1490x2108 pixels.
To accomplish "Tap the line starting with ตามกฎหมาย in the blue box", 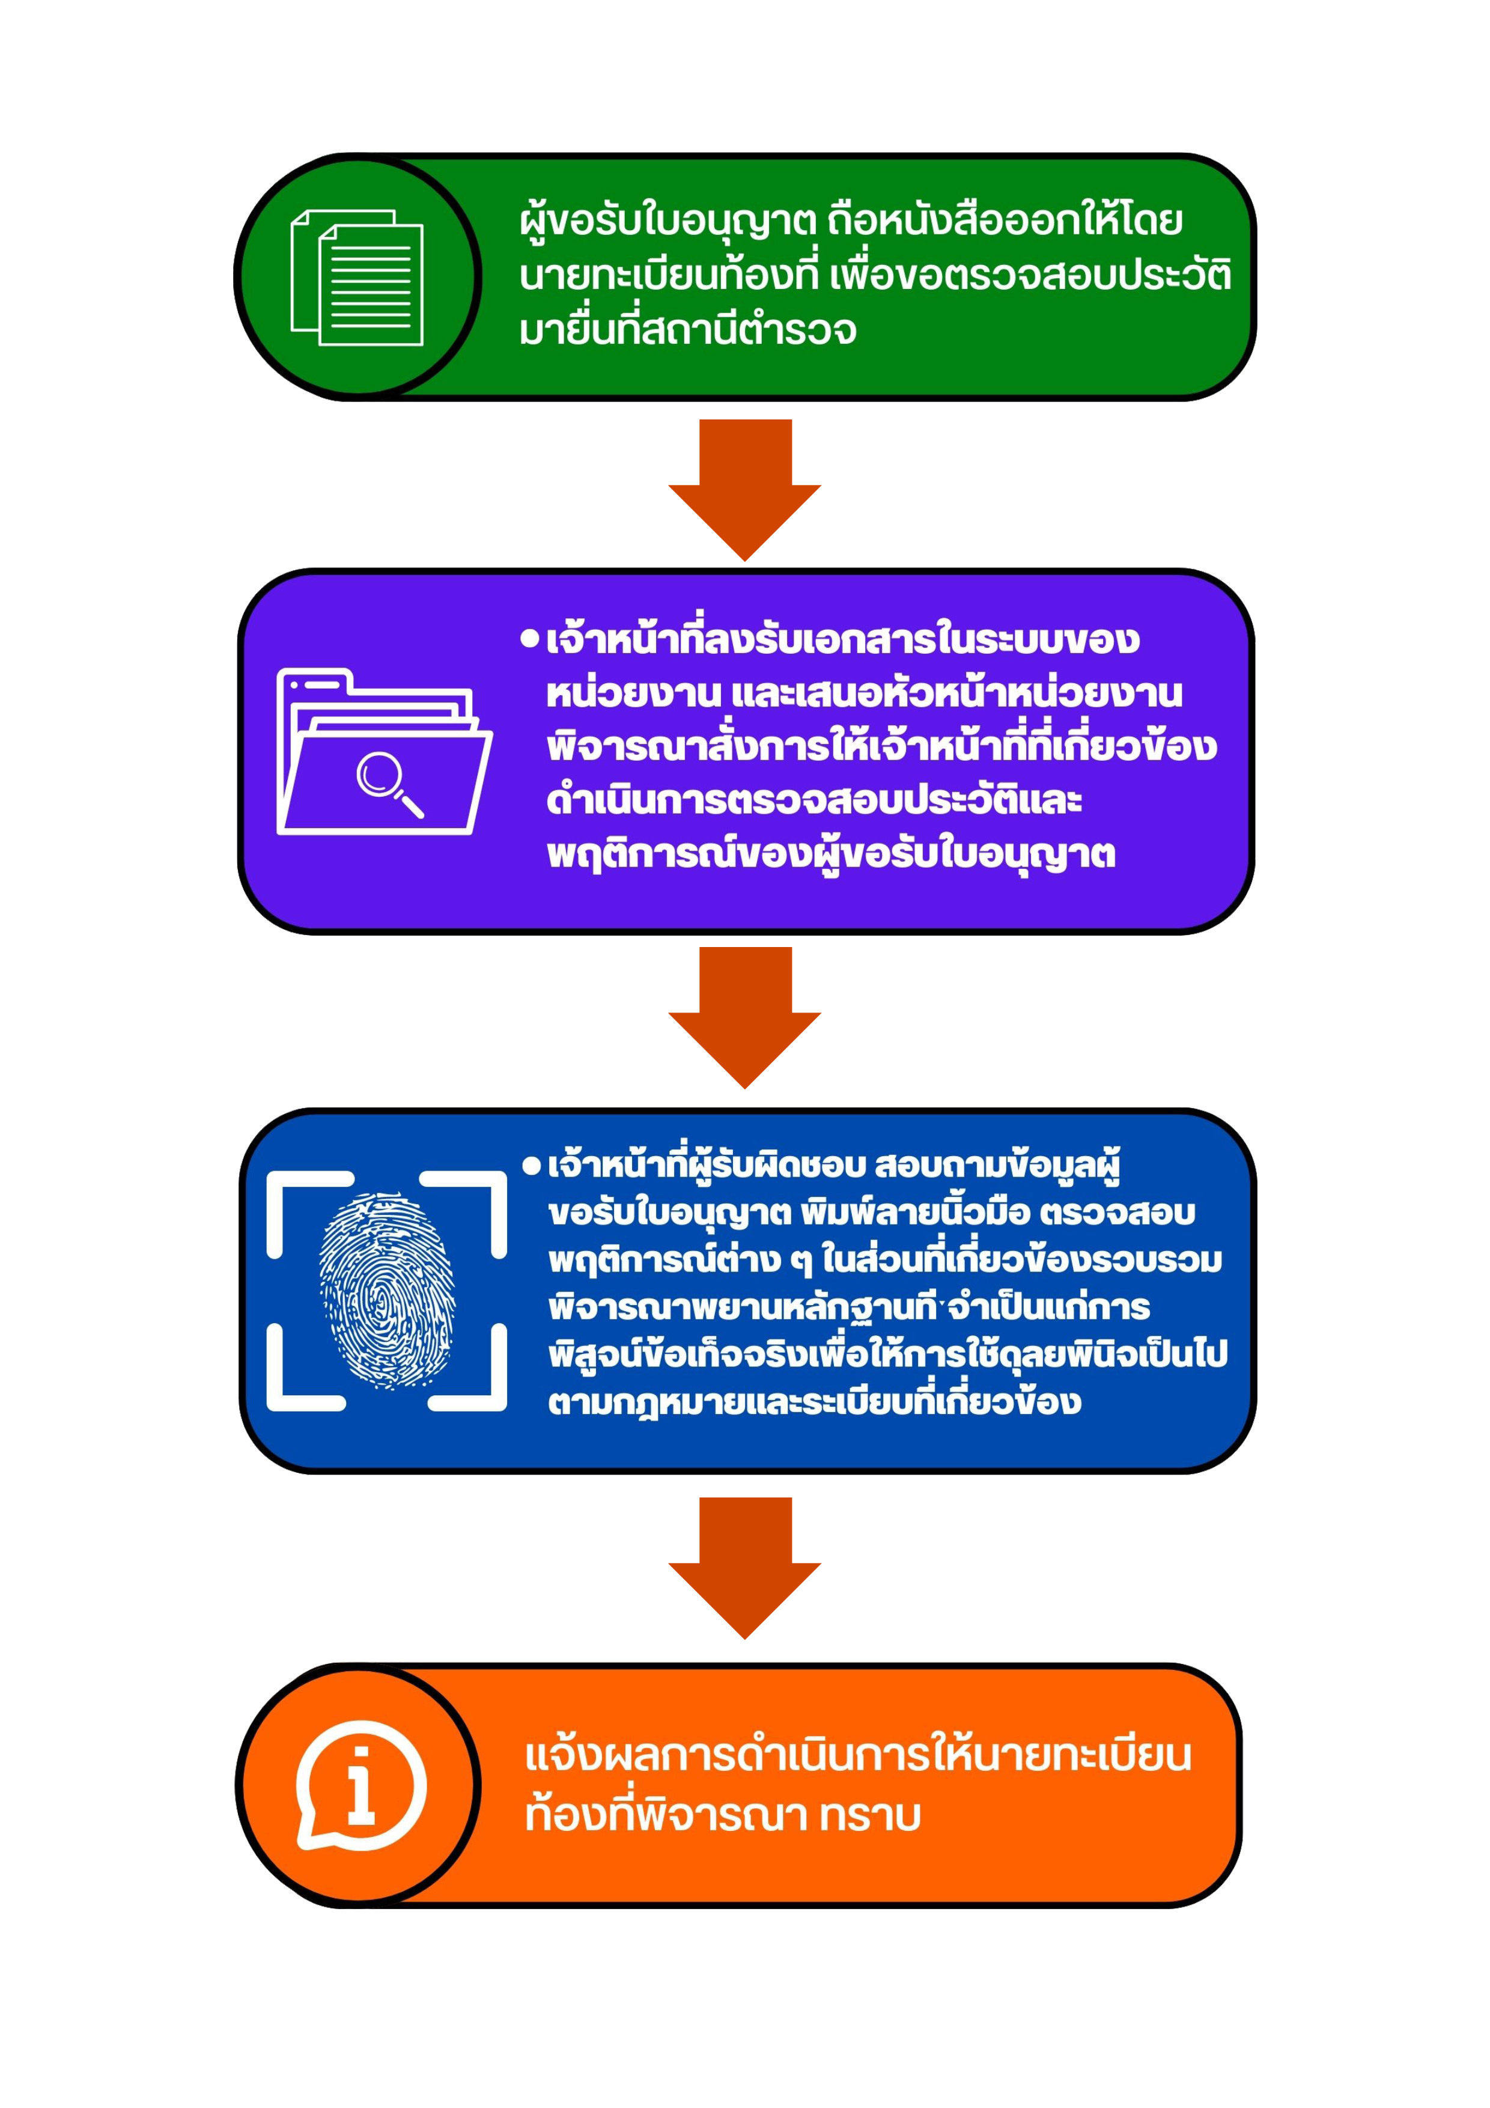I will click(813, 1402).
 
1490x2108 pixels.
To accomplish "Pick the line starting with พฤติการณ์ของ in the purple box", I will click(831, 854).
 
